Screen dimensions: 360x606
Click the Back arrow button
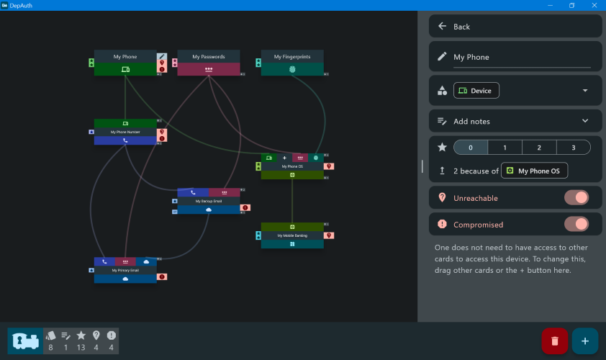(x=443, y=27)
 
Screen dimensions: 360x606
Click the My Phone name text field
(x=521, y=57)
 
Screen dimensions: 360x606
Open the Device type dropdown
(x=584, y=91)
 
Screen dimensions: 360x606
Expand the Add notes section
(x=584, y=121)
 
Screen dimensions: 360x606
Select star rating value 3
(x=573, y=148)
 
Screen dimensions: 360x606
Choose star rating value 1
(x=505, y=148)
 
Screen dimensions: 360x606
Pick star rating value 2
(x=539, y=148)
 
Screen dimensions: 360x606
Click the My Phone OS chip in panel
(x=534, y=171)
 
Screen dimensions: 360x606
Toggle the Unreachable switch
(x=576, y=198)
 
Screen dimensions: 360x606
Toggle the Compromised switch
(x=576, y=225)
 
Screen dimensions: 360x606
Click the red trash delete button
(x=555, y=341)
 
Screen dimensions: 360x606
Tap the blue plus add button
(x=584, y=341)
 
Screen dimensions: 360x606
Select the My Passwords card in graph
(x=208, y=57)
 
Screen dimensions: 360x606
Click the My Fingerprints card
(x=291, y=57)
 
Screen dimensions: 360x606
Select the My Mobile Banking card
(x=291, y=235)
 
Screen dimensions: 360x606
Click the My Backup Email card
(x=208, y=202)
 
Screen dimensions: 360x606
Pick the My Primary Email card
(x=125, y=270)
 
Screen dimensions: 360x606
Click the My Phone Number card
(x=125, y=132)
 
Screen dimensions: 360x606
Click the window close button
(x=593, y=5)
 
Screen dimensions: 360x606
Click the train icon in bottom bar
(x=26, y=341)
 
